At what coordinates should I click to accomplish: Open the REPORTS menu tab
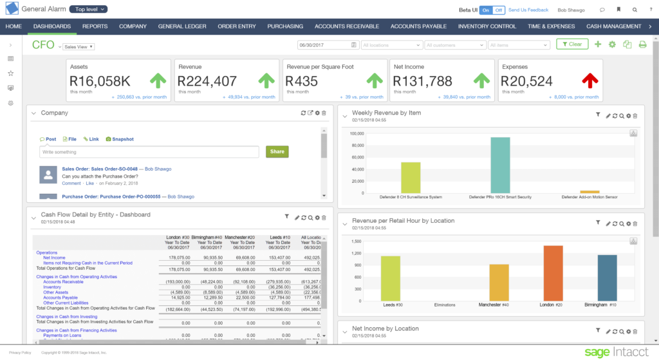coord(95,26)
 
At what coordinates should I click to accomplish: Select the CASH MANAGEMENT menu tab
coord(613,26)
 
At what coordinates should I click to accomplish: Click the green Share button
coord(277,152)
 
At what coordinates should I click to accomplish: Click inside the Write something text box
coord(149,152)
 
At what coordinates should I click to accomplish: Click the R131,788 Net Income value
coord(422,82)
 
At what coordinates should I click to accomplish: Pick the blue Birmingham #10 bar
coord(607,277)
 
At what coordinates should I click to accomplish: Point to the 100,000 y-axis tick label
coord(357,134)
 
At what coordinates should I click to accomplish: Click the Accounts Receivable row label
coord(63,282)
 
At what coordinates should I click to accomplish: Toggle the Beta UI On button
coord(484,10)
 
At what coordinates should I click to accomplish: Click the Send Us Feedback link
coord(528,10)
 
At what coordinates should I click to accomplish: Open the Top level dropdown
coord(88,10)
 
